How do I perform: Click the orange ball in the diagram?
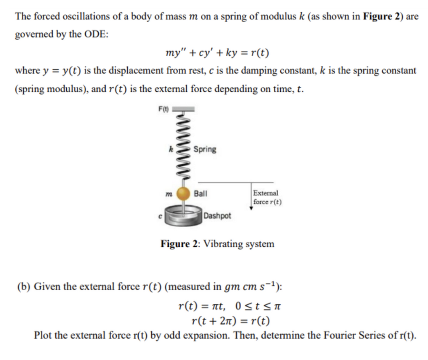point(183,193)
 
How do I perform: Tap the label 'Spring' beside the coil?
point(205,149)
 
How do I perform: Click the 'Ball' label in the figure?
point(201,193)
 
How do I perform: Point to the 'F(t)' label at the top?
point(164,109)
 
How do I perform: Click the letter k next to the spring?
point(171,149)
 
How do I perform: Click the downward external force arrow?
point(251,196)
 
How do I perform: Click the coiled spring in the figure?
point(183,148)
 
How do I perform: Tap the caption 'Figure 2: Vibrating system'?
point(217,244)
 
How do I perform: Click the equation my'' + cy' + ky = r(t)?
point(217,53)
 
